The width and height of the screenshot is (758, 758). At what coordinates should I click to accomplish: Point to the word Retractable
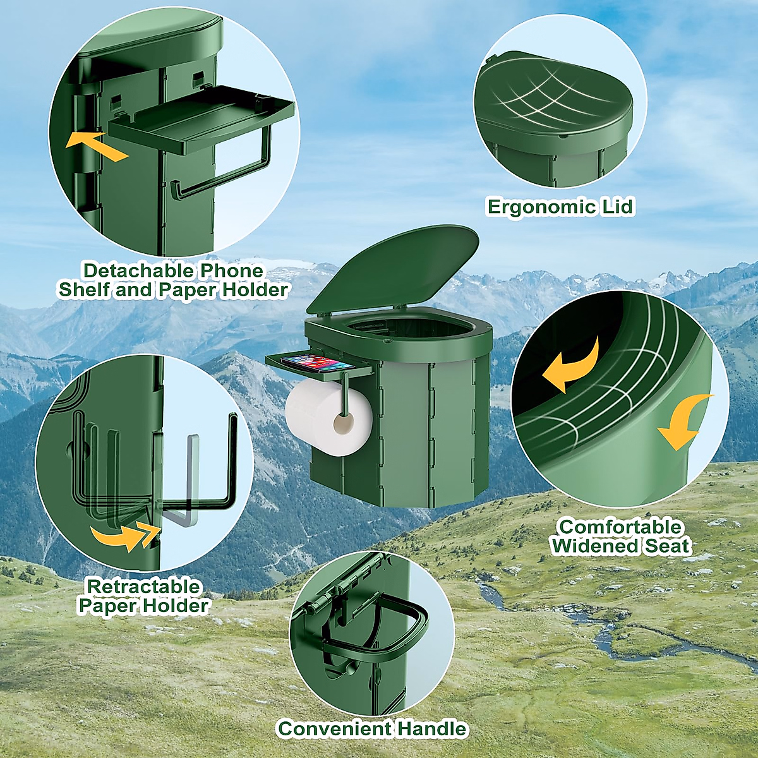[x=143, y=587]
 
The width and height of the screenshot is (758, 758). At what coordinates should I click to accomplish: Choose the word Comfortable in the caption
[x=621, y=527]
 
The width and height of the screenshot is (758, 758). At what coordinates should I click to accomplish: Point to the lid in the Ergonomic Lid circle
[x=553, y=98]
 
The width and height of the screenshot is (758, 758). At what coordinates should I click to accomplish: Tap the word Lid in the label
[x=617, y=207]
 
